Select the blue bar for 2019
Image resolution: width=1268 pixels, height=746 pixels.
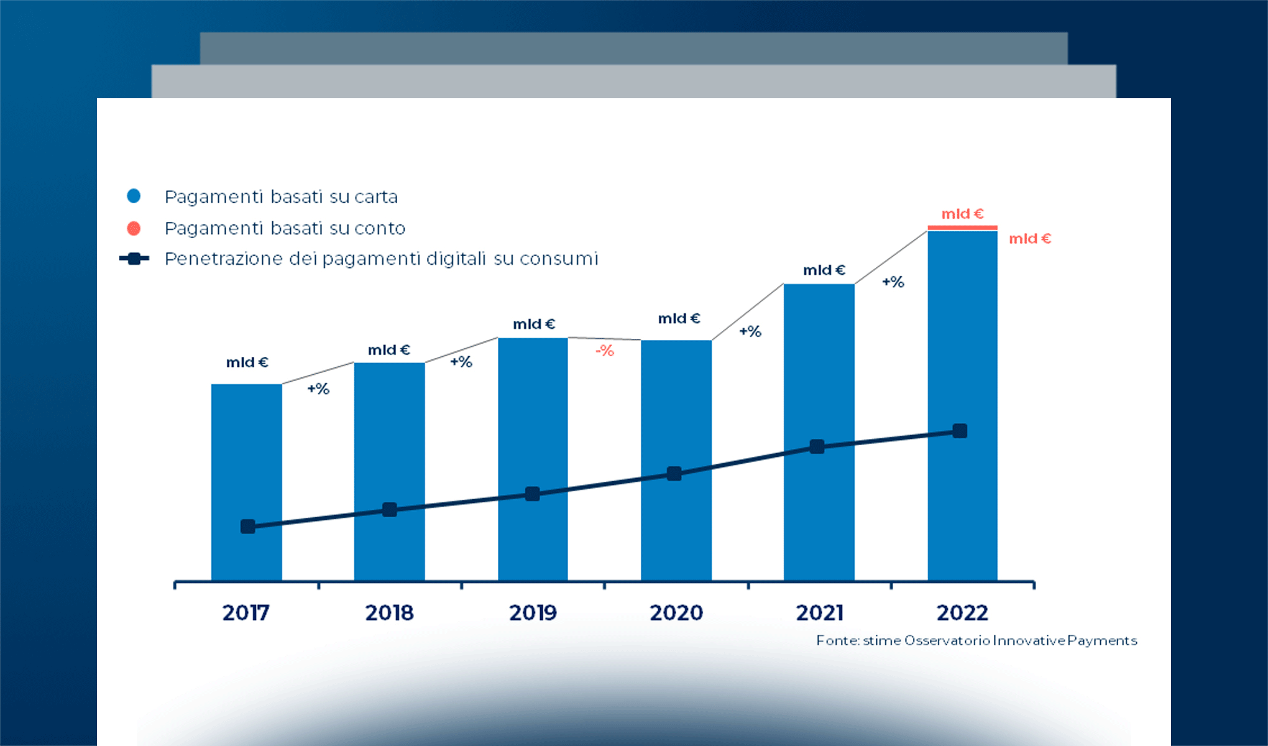coord(533,423)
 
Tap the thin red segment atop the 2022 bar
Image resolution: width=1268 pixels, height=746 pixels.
coord(962,228)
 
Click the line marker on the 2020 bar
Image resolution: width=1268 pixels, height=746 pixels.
coord(674,474)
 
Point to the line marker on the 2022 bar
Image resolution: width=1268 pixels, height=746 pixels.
coord(960,431)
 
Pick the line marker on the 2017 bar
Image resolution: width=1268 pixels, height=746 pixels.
coord(247,527)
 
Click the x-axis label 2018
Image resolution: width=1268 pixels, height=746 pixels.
coord(389,613)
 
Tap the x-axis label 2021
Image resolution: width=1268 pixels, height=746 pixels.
coord(819,613)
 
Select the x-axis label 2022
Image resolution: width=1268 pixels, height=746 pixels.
coord(962,613)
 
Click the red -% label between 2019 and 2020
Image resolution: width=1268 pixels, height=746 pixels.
coord(605,351)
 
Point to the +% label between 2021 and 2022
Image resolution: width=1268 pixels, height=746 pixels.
coord(893,282)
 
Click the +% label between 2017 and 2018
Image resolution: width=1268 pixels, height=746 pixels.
coord(318,389)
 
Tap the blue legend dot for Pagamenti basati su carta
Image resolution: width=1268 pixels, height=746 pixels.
coord(134,196)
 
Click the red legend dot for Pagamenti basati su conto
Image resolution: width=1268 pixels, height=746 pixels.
coord(134,228)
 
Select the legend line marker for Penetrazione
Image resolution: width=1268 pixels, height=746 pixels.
coord(134,259)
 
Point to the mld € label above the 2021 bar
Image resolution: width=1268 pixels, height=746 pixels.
coord(824,270)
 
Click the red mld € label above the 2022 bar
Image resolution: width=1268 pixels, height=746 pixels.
coord(962,214)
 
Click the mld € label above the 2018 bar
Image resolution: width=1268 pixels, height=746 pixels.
coord(389,350)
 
